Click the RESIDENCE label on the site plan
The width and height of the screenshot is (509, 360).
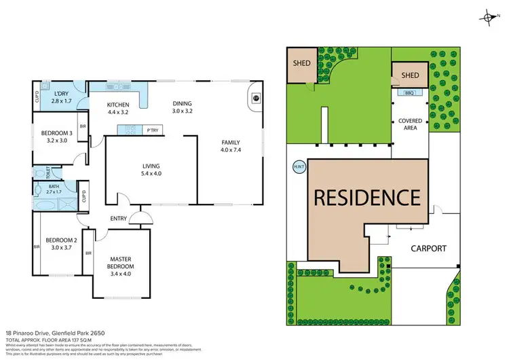pyautogui.click(x=366, y=198)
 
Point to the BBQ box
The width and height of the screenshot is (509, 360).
pyautogui.click(x=409, y=92)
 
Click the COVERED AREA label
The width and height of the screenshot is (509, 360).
pyautogui.click(x=410, y=124)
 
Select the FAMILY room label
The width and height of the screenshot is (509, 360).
pyautogui.click(x=230, y=145)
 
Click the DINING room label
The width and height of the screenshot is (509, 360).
pyautogui.click(x=183, y=106)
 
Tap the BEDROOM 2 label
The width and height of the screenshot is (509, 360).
pyautogui.click(x=57, y=243)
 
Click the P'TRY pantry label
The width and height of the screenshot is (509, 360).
pyautogui.click(x=153, y=130)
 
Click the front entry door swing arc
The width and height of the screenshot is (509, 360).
pyautogui.click(x=141, y=219)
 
